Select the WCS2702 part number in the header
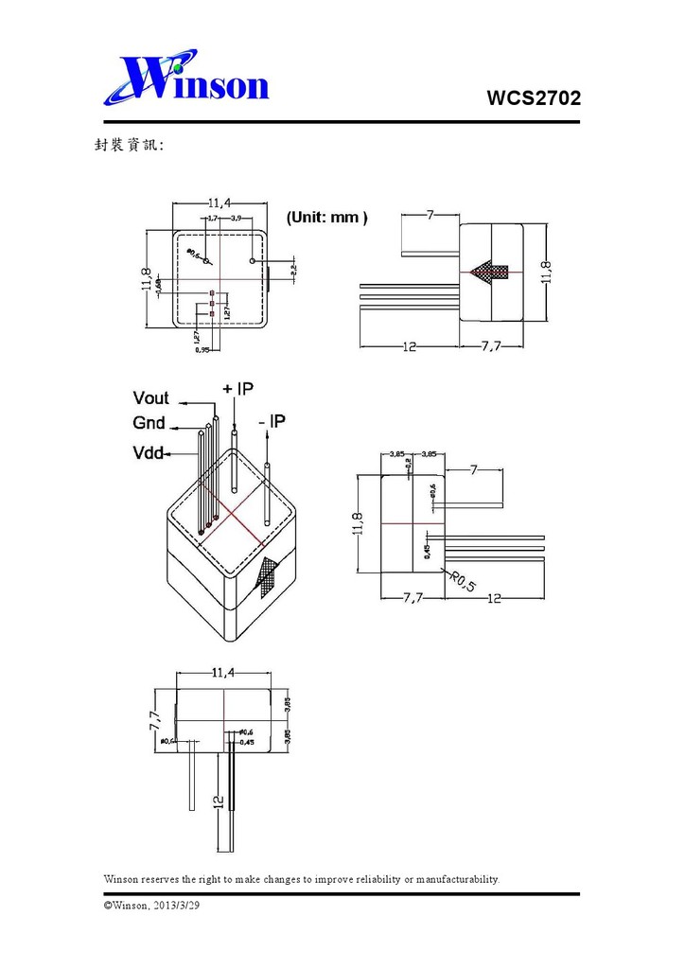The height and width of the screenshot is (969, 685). (x=533, y=97)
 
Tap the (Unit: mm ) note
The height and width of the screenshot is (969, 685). (x=326, y=218)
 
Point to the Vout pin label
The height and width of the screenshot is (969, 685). (x=151, y=398)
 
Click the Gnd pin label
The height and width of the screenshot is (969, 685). (x=149, y=423)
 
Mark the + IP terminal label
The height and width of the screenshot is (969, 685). (x=238, y=389)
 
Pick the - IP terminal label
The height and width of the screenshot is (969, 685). (x=272, y=420)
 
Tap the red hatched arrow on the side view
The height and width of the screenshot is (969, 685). (x=490, y=273)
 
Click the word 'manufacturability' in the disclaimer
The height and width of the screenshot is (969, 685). (x=456, y=879)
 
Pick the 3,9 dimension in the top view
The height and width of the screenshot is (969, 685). (x=235, y=219)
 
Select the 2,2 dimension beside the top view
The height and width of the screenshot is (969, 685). (x=293, y=270)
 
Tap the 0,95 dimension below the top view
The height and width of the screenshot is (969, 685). (x=202, y=350)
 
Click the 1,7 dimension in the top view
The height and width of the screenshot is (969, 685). (x=212, y=219)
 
